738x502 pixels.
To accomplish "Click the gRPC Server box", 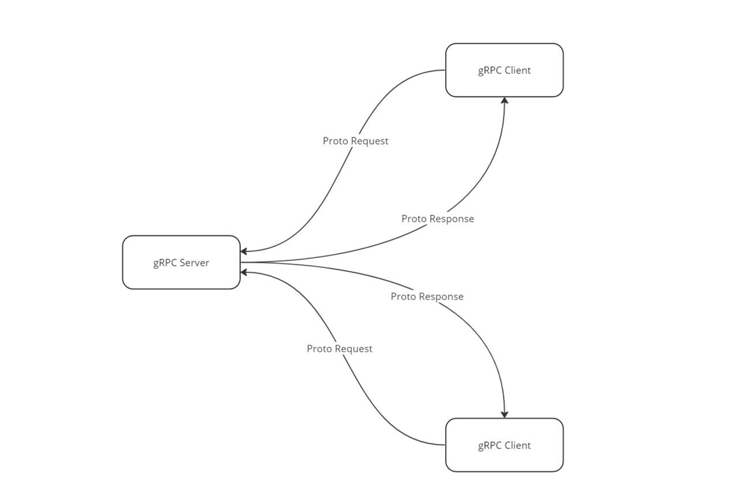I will tap(181, 262).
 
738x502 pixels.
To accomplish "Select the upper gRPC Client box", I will tap(504, 70).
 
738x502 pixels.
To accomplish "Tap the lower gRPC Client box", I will tap(504, 445).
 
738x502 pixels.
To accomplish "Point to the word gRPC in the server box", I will tap(165, 263).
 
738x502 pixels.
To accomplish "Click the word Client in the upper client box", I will tap(517, 70).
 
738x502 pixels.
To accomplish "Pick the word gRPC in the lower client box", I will tap(490, 445).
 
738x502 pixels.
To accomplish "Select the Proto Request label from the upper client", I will tap(355, 141).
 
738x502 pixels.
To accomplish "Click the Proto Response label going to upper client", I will tap(438, 219).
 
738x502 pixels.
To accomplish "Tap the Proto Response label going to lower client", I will tap(427, 297).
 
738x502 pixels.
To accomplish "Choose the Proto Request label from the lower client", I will tap(339, 349).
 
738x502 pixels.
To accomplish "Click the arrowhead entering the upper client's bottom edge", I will tap(504, 101).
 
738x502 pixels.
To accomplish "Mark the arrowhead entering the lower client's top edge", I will tap(504, 414).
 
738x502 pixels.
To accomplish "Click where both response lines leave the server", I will tap(242, 262).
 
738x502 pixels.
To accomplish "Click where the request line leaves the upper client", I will tap(445, 70).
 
